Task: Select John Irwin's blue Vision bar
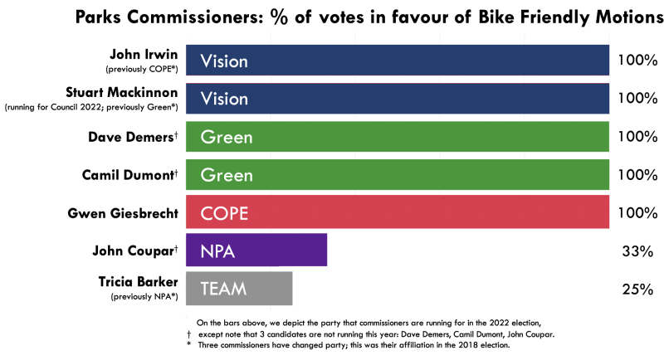(398, 61)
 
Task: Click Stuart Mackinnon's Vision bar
(398, 98)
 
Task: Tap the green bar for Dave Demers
(398, 137)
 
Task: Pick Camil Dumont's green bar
(398, 175)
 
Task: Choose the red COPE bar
(398, 213)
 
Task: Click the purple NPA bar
(256, 251)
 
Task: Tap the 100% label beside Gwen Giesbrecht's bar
(637, 213)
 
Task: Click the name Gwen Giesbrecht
(124, 213)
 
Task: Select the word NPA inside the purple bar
(219, 251)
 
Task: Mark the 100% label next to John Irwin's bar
(637, 61)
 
